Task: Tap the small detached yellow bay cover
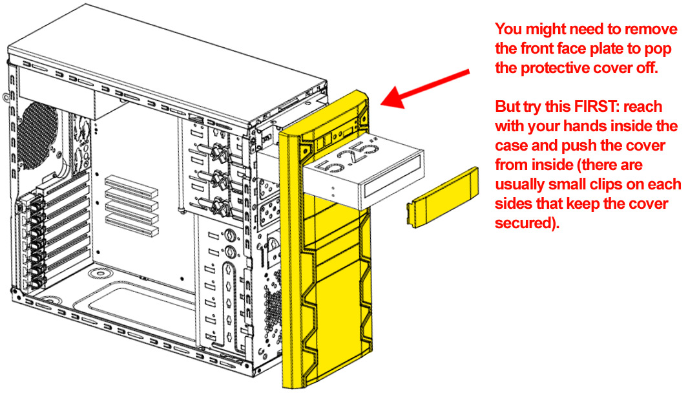click(x=443, y=198)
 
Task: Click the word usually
click(x=523, y=185)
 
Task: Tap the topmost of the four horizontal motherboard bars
click(x=132, y=181)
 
